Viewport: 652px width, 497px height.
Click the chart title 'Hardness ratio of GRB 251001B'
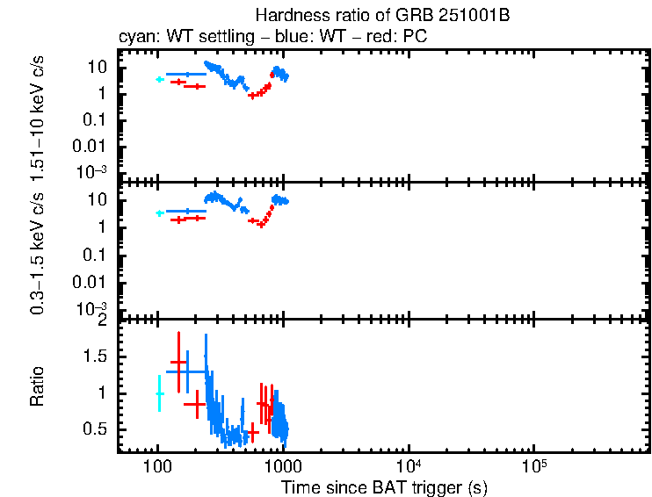(382, 16)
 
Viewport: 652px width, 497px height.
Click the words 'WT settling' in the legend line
(195, 38)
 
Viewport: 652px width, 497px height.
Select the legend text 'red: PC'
(403, 38)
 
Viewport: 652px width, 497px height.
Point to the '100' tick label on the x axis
(157, 465)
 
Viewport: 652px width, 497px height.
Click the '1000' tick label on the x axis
(282, 465)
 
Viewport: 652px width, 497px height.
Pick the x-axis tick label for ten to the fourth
(408, 465)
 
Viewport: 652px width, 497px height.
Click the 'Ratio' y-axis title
(38, 386)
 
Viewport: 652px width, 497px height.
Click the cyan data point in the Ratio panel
(159, 394)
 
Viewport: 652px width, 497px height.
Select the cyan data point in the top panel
(159, 79)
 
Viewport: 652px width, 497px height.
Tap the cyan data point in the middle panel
(159, 213)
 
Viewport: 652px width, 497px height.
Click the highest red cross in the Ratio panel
(178, 362)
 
